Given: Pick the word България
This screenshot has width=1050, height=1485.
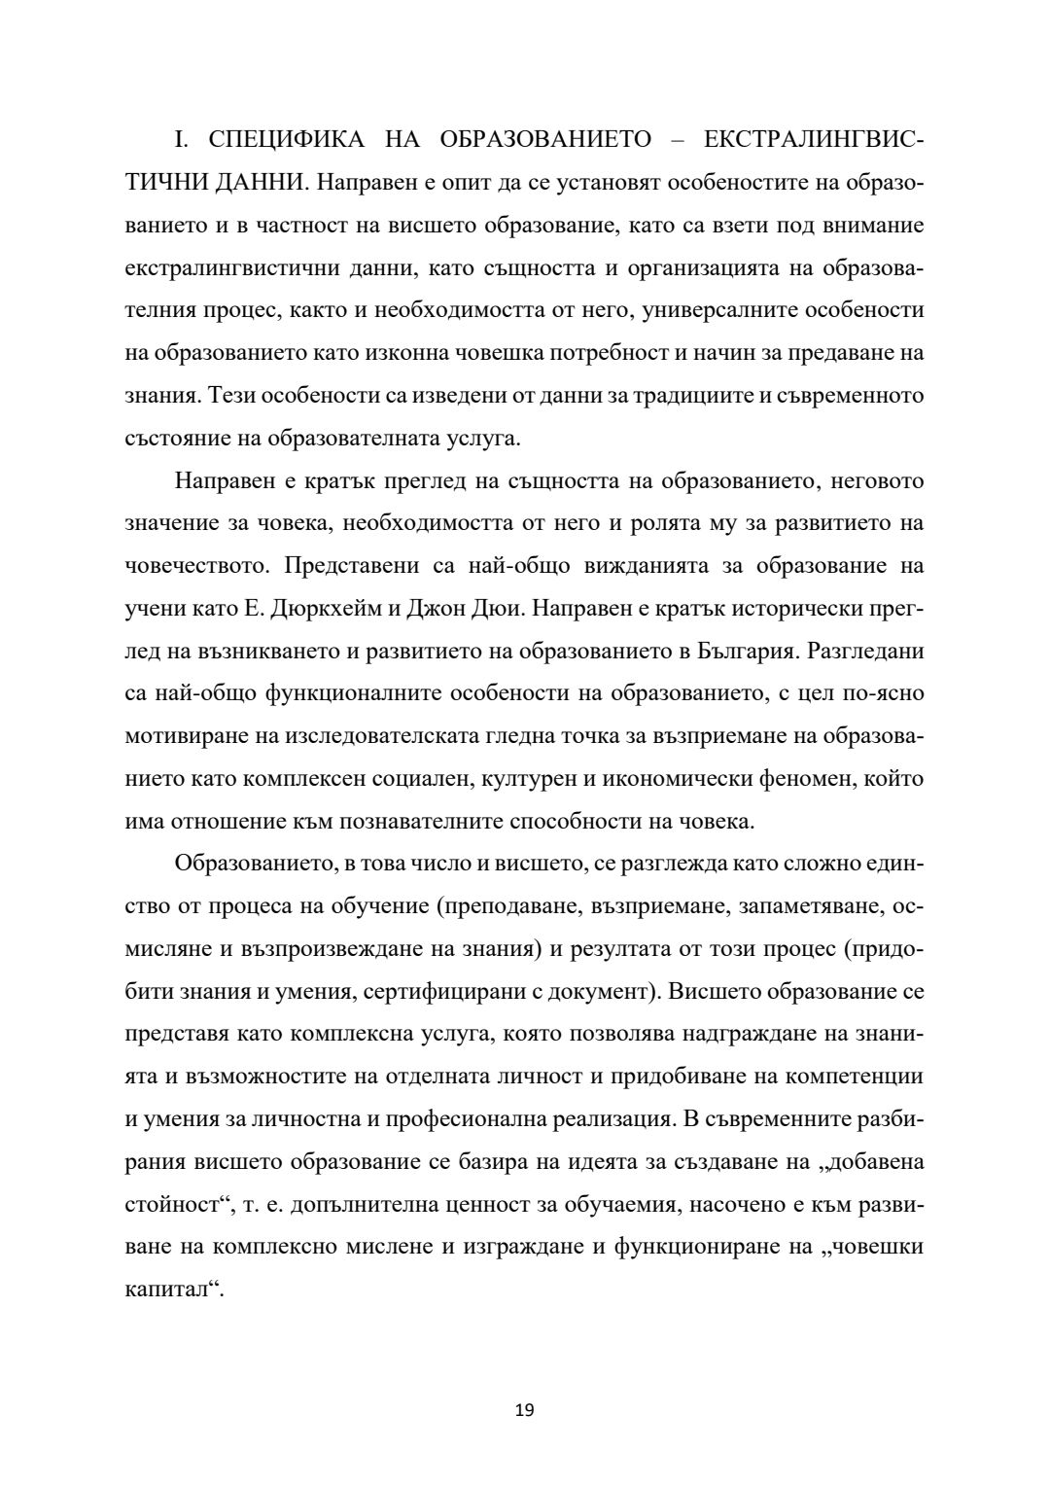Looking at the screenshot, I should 747,651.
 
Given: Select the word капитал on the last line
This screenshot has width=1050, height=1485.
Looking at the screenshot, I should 170,1291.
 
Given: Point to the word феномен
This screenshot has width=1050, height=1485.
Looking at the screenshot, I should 828,778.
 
